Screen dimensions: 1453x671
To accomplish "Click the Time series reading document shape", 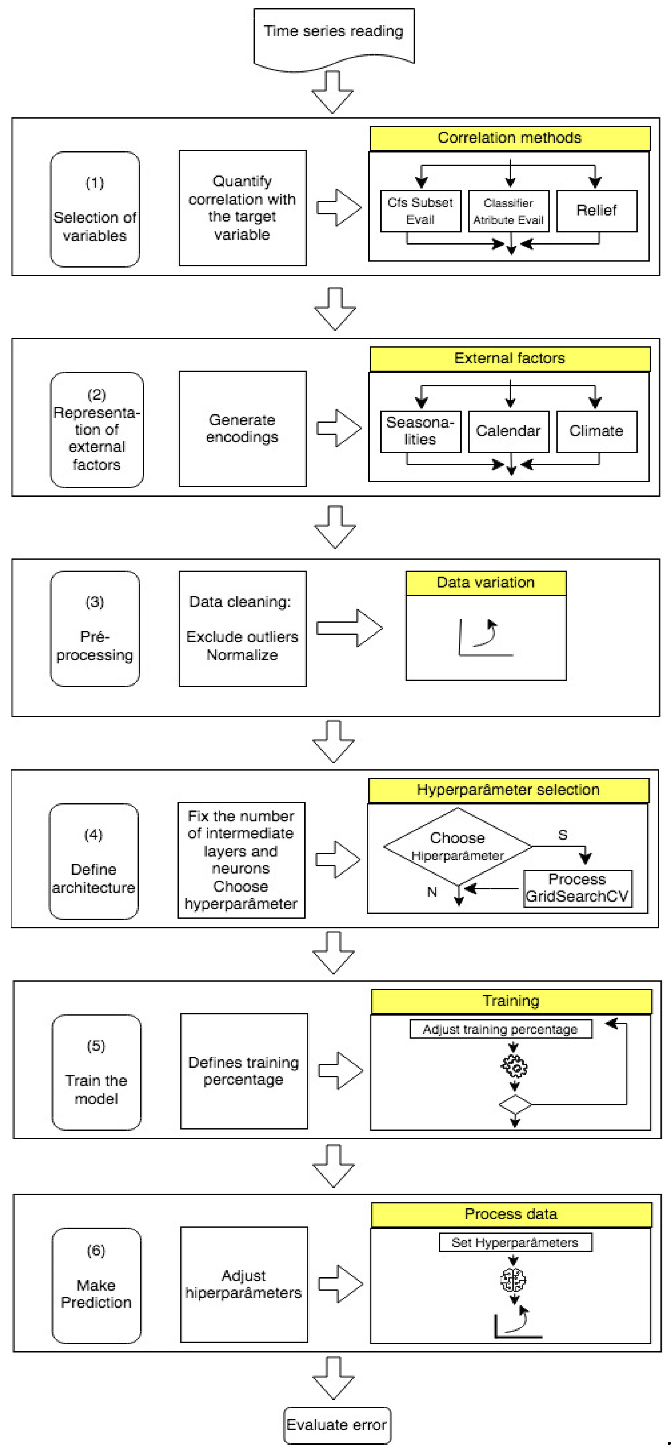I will point(334,37).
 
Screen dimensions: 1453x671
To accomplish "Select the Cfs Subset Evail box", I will point(420,211).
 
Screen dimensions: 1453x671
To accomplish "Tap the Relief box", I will point(597,211).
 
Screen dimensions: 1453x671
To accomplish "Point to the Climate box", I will point(597,432).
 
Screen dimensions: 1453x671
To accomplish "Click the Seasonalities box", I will point(420,432).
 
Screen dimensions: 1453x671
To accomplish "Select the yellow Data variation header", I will point(486,583).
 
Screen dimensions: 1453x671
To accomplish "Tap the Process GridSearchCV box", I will point(577,888).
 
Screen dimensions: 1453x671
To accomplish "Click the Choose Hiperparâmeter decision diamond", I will point(457,846).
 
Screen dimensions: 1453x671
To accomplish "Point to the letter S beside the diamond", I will point(562,835).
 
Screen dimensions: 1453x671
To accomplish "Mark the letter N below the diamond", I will point(432,892).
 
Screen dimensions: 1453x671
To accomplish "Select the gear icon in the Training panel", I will point(514,1066).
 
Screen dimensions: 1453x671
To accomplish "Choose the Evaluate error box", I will point(337,1425).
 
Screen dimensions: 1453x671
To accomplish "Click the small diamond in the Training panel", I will point(515,1104).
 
